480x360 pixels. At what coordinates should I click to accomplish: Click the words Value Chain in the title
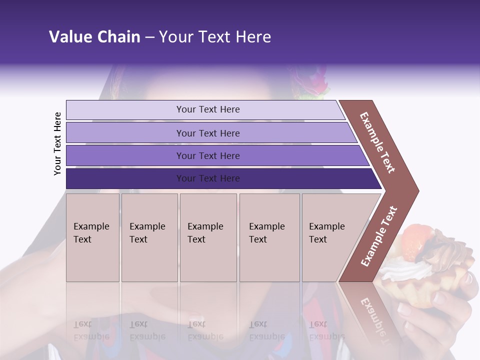(94, 37)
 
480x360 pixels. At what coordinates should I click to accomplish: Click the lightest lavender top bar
(207, 109)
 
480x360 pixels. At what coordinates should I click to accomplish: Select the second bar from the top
(207, 133)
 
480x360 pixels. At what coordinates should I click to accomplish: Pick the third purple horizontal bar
(207, 155)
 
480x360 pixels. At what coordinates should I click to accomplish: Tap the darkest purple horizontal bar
(207, 178)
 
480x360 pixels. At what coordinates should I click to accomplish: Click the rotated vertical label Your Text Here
(57, 143)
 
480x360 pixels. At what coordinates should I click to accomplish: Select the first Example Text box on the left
(92, 237)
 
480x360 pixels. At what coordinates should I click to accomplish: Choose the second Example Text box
(149, 237)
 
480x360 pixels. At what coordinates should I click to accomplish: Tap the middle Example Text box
(208, 237)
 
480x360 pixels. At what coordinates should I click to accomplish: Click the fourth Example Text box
(269, 237)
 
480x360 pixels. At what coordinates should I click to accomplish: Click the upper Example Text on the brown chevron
(378, 142)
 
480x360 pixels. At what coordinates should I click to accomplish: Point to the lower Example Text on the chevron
(379, 236)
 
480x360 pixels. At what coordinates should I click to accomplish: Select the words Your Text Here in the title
(215, 37)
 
